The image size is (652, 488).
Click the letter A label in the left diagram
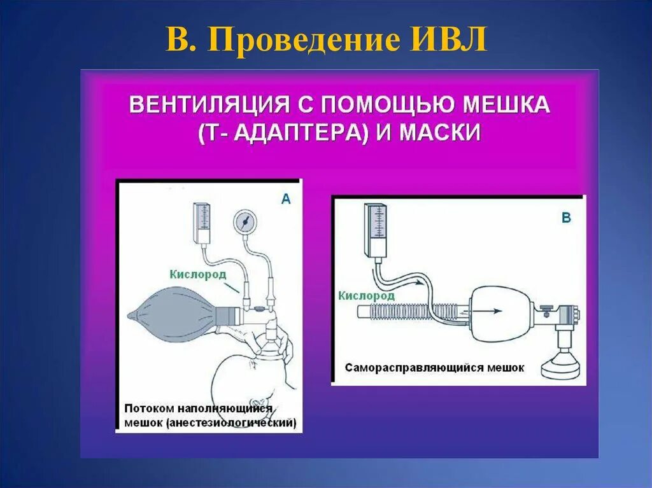point(286,200)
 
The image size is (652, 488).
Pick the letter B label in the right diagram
point(566,218)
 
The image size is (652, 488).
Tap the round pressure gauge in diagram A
point(244,222)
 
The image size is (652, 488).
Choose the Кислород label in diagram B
point(366,295)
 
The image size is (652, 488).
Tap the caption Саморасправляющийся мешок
point(435,368)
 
